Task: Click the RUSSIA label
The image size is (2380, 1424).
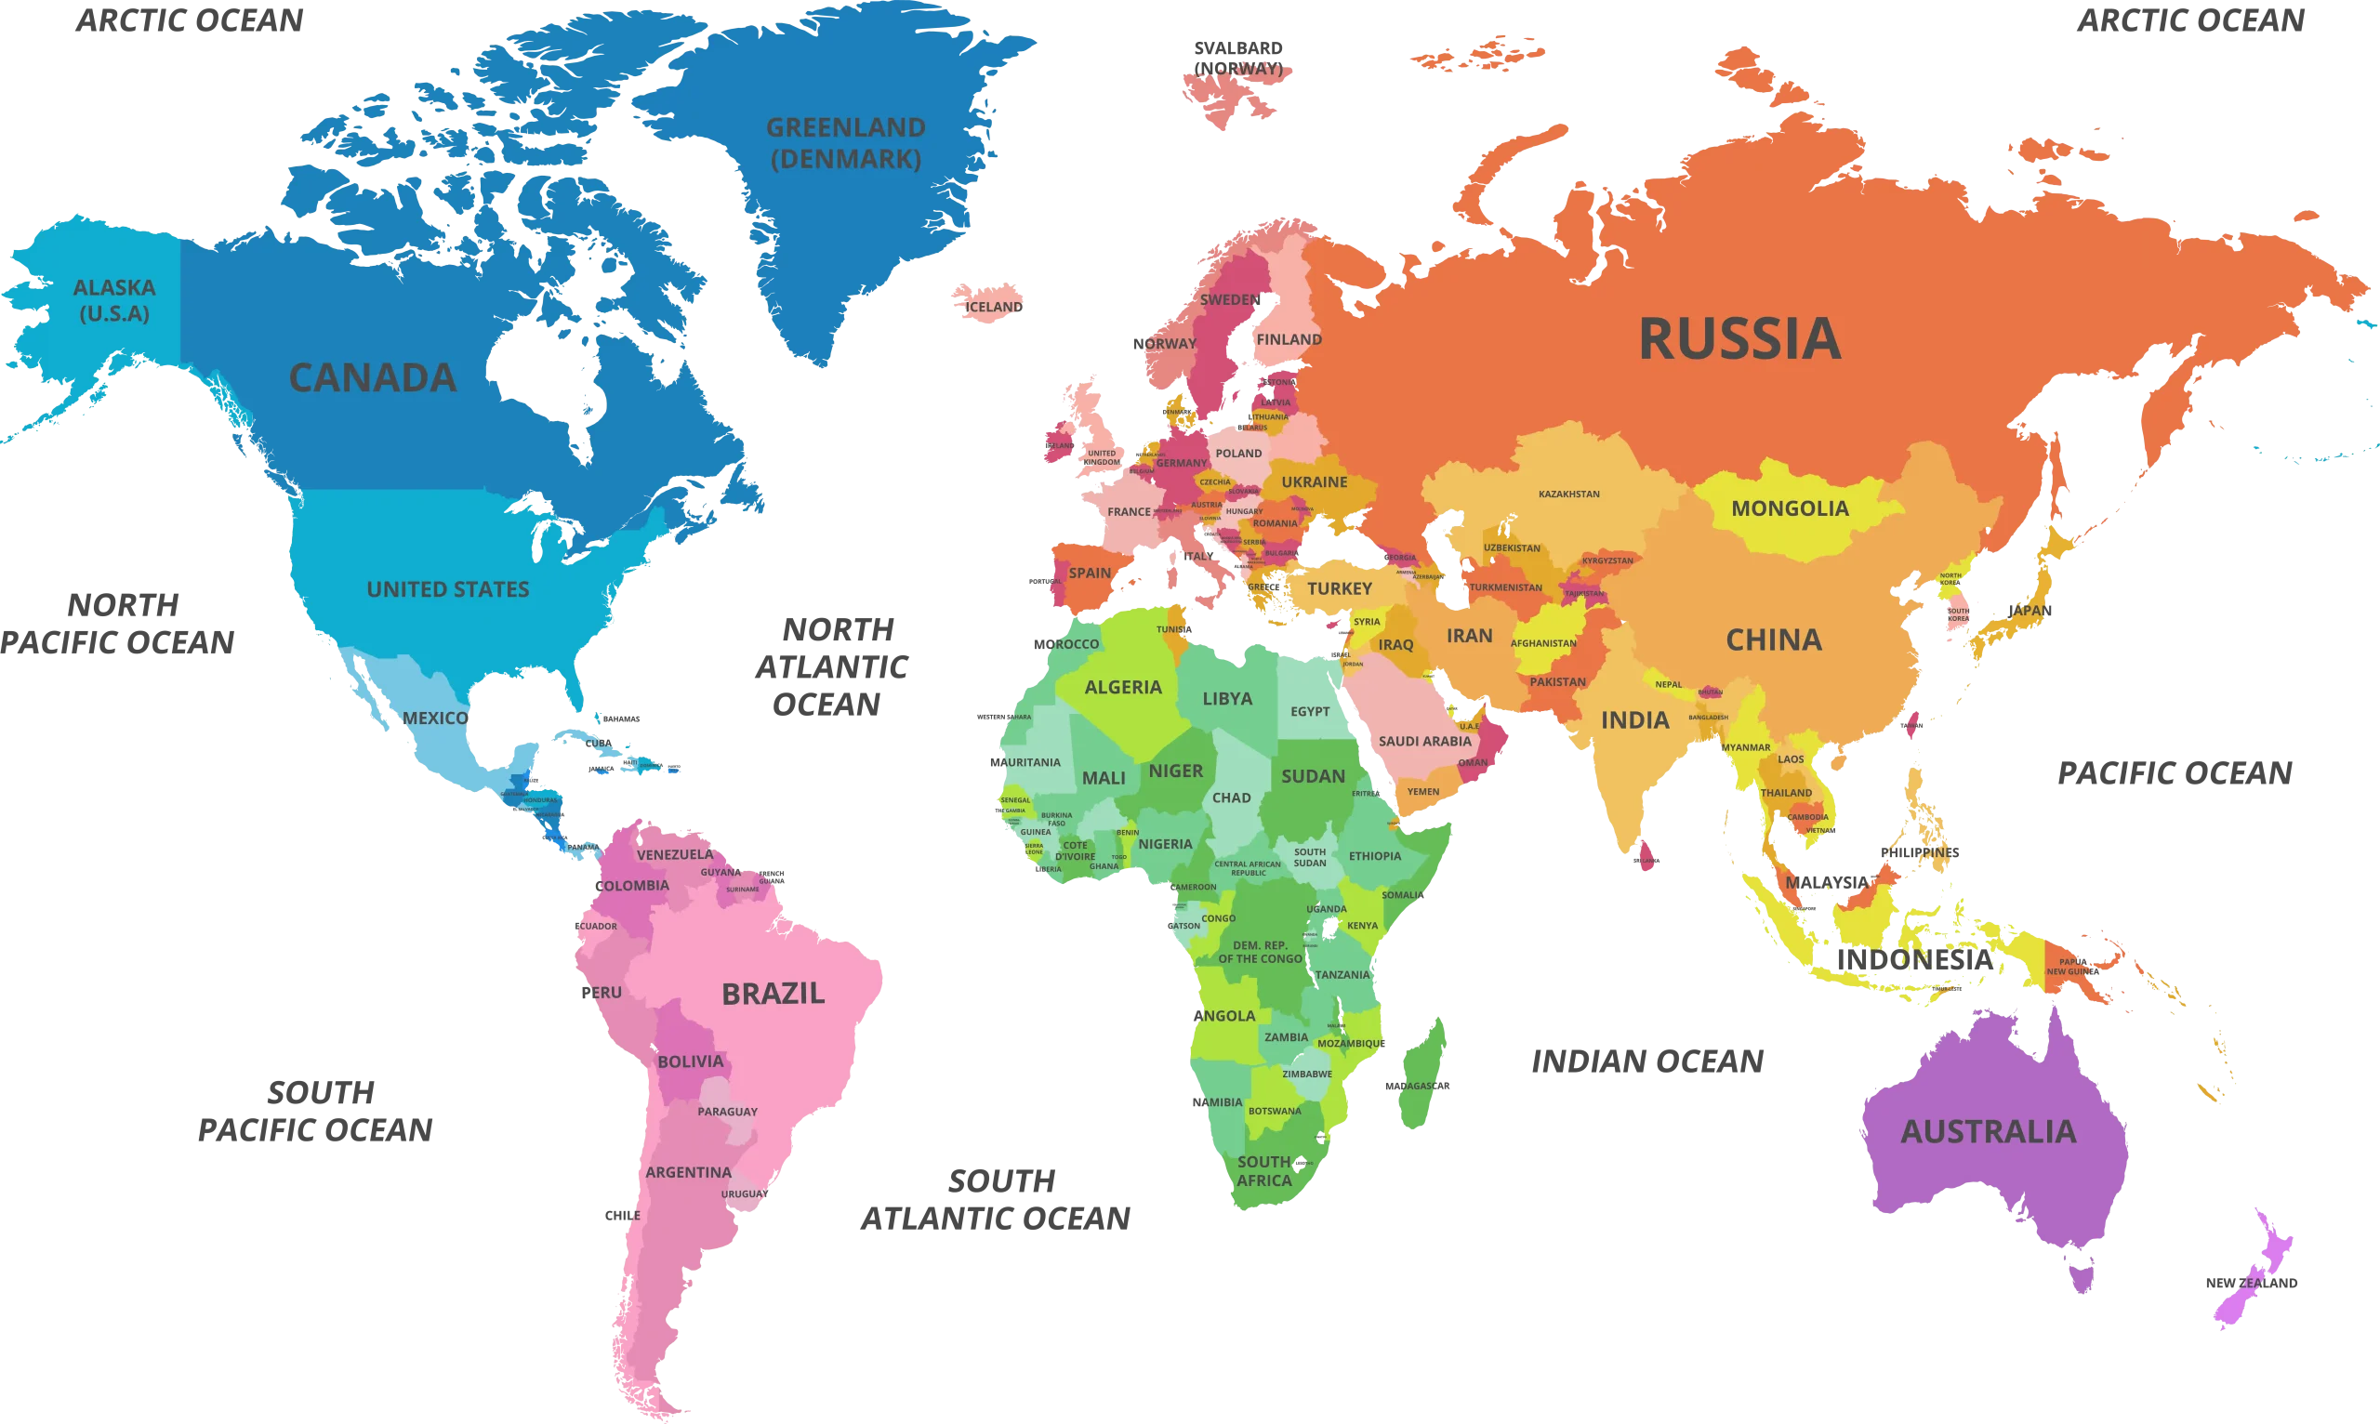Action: pos(1739,338)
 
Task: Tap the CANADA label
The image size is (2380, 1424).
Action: pos(373,378)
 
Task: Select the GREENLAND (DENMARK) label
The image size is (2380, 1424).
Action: pos(845,143)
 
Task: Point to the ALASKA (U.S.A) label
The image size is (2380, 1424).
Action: pos(114,299)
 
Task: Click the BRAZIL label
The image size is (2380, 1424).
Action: pos(773,993)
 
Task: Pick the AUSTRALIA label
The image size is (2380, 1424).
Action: pos(1988,1131)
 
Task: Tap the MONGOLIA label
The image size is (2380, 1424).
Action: pos(1790,508)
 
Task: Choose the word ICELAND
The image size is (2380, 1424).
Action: pos(993,307)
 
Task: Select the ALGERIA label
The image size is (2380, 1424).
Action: pos(1123,687)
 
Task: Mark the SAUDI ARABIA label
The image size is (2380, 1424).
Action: pos(1424,741)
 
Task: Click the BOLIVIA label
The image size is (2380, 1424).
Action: pos(690,1061)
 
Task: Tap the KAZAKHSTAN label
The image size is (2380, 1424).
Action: pos(1569,494)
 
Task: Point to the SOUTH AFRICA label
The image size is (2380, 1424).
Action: pos(1263,1170)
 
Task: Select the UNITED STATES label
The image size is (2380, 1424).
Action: pos(447,589)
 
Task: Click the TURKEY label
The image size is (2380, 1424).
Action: pos(1340,588)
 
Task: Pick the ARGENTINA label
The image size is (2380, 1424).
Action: pos(688,1171)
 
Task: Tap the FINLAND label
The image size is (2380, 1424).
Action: pos(1289,338)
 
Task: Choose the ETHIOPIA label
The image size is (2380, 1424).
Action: pos(1374,855)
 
